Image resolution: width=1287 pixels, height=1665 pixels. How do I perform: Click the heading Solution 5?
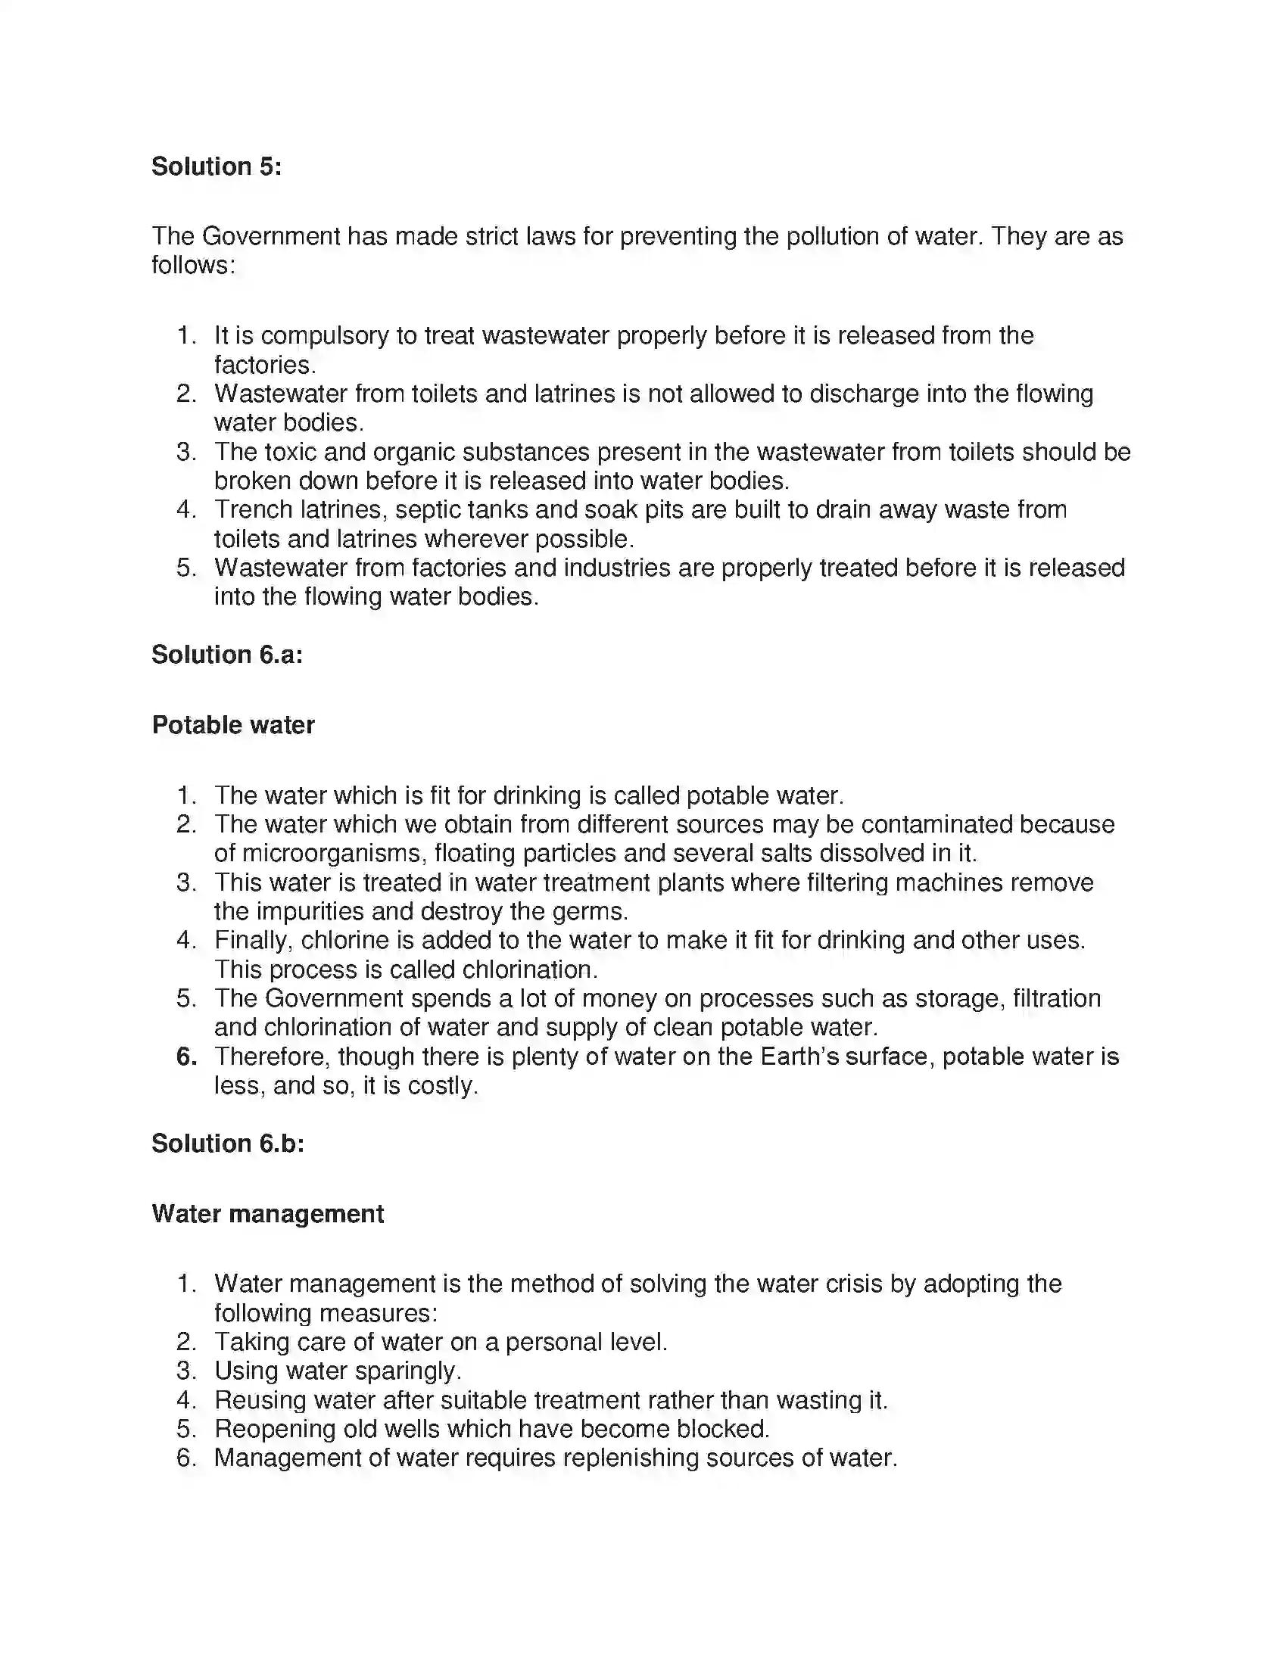217,166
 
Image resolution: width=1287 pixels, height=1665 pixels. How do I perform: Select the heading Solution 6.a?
226,654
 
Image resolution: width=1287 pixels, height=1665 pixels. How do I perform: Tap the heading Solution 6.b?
227,1143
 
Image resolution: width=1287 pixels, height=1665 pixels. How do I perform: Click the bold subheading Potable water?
233,724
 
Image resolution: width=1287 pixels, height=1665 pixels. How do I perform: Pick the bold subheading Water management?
267,1213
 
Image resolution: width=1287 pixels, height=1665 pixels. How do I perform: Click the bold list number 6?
187,1057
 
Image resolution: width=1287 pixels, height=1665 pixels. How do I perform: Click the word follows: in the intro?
194,266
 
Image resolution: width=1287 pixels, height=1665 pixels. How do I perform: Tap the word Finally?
253,940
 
